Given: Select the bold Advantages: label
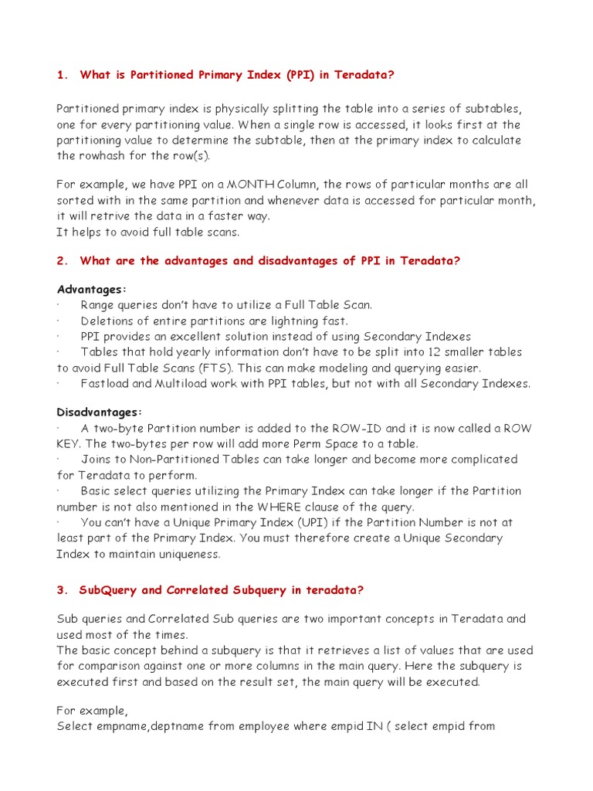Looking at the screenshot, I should (91, 289).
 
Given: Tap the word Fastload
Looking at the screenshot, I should (103, 383).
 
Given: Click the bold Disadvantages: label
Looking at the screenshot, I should (100, 412).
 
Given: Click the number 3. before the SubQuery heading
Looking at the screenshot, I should (62, 590).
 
